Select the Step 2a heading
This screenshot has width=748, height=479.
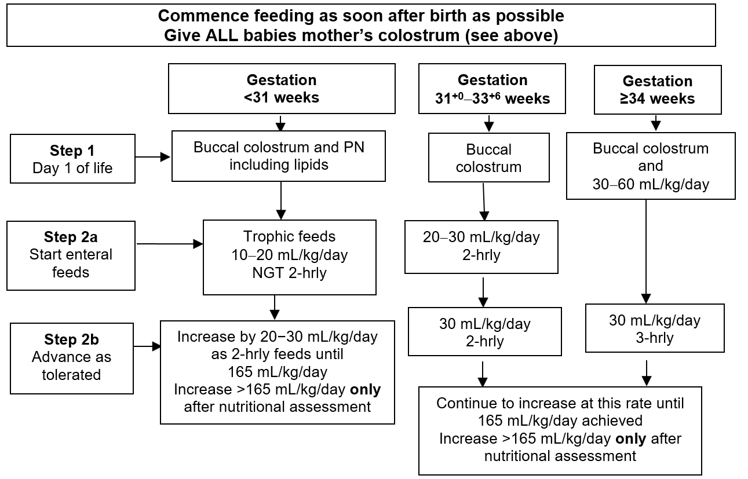tap(71, 237)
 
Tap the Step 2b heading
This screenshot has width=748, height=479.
tap(71, 339)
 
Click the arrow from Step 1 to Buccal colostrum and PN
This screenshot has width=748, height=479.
tap(153, 157)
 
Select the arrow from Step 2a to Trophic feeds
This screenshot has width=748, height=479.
tap(170, 244)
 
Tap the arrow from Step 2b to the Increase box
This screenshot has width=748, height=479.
tap(147, 346)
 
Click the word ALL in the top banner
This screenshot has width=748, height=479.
tap(222, 35)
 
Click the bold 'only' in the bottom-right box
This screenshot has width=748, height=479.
tap(630, 439)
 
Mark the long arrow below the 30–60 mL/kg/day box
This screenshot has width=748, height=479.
tap(646, 252)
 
